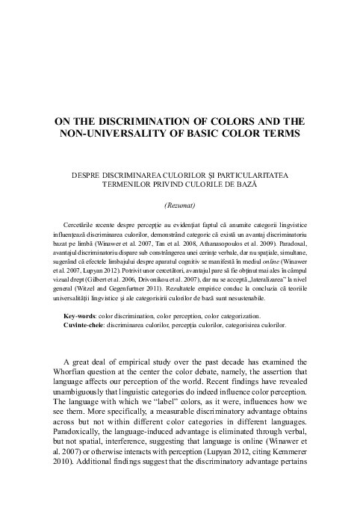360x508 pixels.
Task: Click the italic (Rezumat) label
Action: (179, 204)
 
